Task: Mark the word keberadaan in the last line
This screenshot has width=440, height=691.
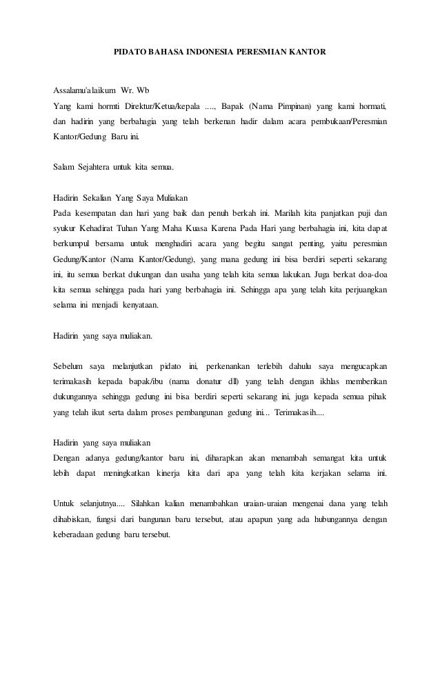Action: pyautogui.click(x=74, y=534)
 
